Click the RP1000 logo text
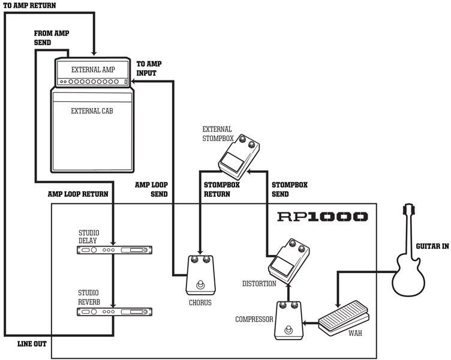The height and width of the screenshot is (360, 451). (x=322, y=217)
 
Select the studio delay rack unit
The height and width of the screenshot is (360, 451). (x=114, y=249)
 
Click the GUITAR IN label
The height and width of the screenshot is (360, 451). (x=432, y=247)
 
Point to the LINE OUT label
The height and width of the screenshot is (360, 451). (x=32, y=344)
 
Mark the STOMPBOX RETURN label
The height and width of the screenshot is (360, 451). (x=222, y=190)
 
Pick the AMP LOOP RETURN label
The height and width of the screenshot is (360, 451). (x=78, y=194)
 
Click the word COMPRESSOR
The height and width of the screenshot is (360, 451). (x=254, y=319)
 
